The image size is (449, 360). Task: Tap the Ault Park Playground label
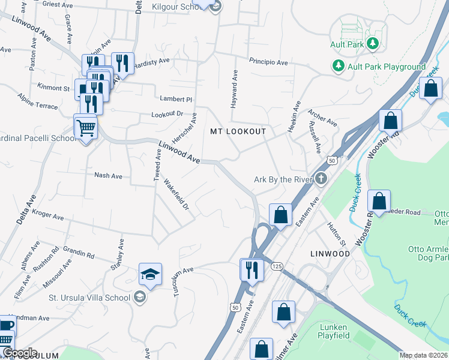pyautogui.click(x=385, y=67)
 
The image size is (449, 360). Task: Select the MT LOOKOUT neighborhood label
pyautogui.click(x=238, y=131)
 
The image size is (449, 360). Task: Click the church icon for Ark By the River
pyautogui.click(x=322, y=178)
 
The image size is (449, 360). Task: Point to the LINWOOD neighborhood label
pyautogui.click(x=330, y=254)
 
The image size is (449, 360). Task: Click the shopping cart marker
pyautogui.click(x=85, y=127)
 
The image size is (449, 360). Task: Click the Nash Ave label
pyautogui.click(x=108, y=176)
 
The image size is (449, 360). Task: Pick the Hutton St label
pyautogui.click(x=337, y=235)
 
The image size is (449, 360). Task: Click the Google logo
pyautogui.click(x=19, y=352)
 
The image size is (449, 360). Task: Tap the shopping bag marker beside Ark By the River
pyautogui.click(x=280, y=214)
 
